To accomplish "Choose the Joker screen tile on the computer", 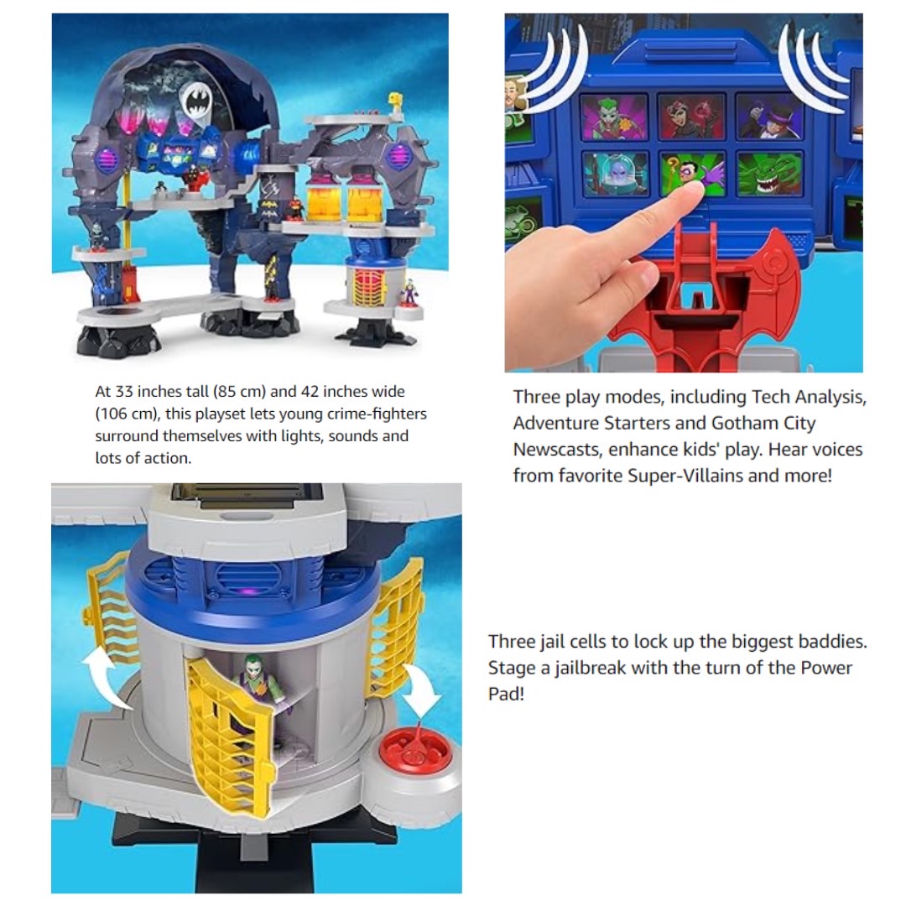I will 615,117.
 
